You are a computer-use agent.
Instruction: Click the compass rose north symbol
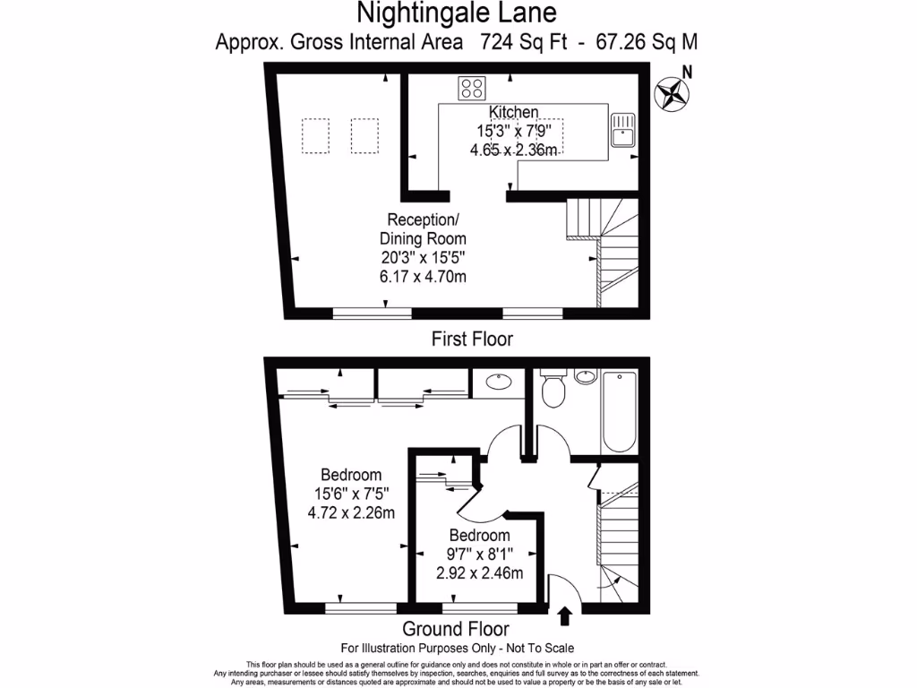[673, 92]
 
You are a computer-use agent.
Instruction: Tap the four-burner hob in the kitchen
[472, 89]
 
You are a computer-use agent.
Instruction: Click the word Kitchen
[513, 112]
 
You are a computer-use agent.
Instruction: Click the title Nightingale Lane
[457, 13]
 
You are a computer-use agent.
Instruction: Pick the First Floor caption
[472, 339]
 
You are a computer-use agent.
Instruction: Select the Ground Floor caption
[456, 629]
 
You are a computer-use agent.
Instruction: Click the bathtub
[619, 413]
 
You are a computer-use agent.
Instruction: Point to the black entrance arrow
[565, 615]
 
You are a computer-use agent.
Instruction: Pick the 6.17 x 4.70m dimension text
[424, 276]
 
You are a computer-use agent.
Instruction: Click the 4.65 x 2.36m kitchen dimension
[514, 150]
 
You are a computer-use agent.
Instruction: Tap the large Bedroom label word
[351, 475]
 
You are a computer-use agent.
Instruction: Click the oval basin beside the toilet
[585, 377]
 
